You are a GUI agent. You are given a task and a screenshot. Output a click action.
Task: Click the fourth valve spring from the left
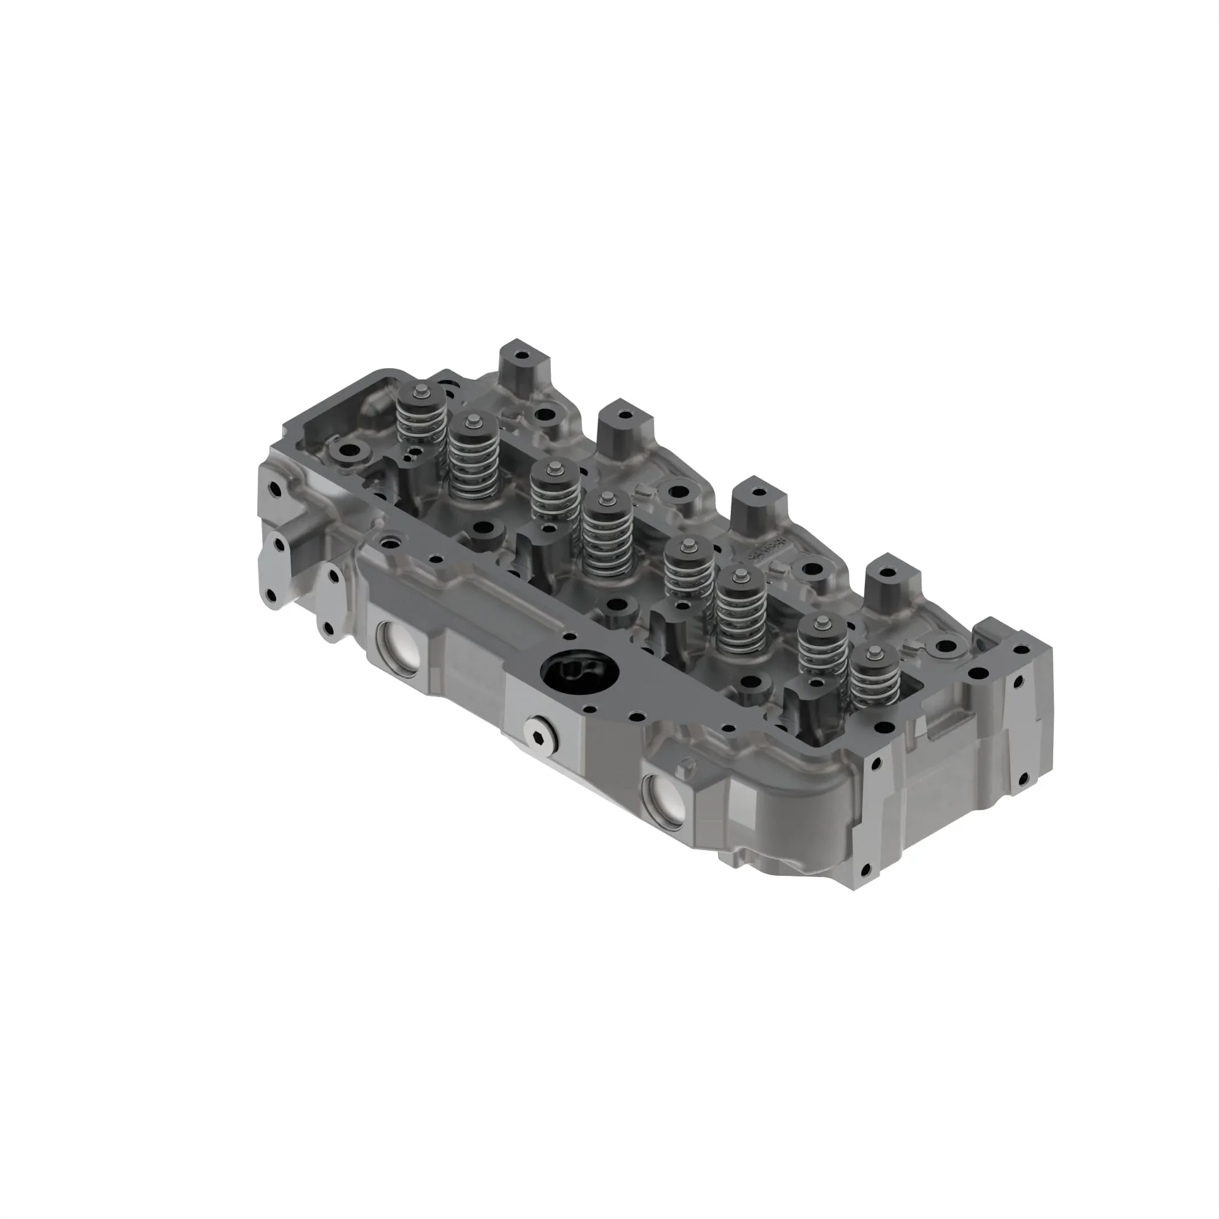(x=608, y=532)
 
